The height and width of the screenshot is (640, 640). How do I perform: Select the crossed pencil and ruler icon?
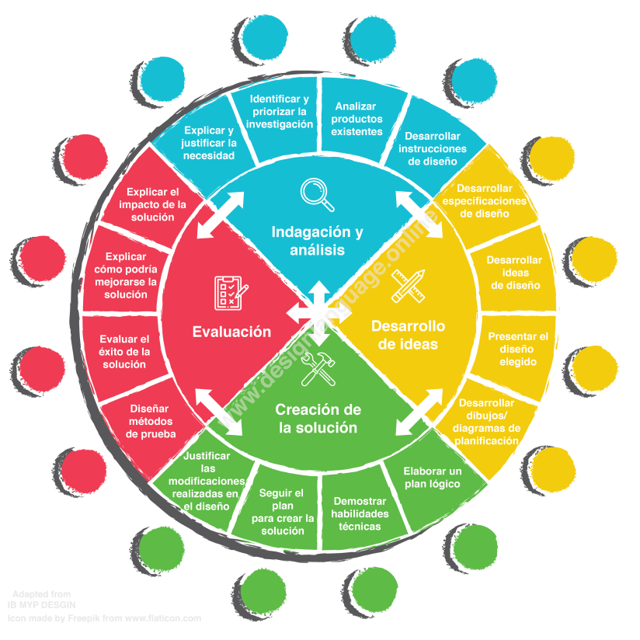click(x=407, y=285)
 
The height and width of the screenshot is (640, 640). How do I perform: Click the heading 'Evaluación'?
click(x=231, y=332)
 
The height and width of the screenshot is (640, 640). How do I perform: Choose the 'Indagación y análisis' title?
click(x=317, y=240)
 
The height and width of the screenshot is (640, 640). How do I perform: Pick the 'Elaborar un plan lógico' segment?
click(x=433, y=478)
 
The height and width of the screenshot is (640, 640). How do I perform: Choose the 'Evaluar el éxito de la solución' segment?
click(x=124, y=352)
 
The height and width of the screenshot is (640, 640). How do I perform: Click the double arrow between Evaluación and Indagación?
click(x=214, y=217)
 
